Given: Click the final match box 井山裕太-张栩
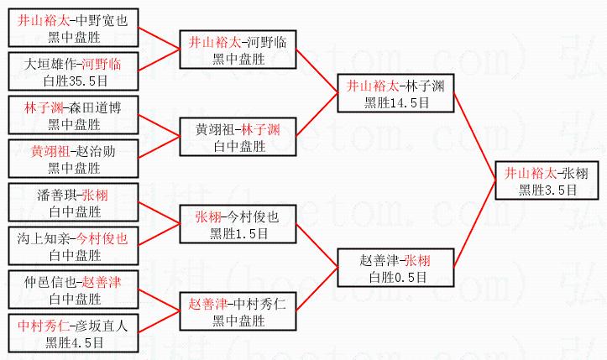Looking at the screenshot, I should [546, 180].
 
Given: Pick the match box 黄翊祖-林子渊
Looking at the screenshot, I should [238, 137].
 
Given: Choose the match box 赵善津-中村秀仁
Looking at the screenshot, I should [238, 311].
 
